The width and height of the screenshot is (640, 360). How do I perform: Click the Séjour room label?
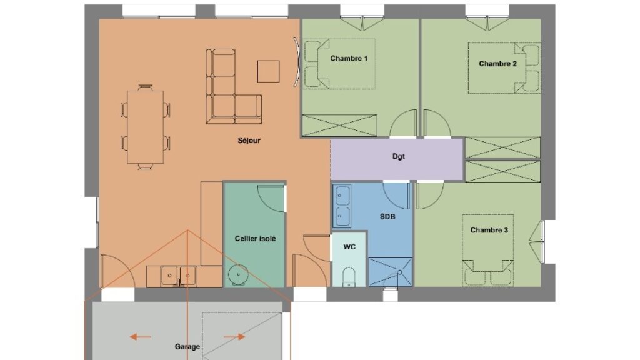pyautogui.click(x=249, y=141)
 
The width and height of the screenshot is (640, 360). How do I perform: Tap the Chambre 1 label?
pyautogui.click(x=349, y=58)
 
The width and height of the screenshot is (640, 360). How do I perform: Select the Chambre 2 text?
pyautogui.click(x=497, y=64)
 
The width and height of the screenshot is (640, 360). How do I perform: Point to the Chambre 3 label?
pyautogui.click(x=489, y=230)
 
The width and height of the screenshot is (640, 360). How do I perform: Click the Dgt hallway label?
pyautogui.click(x=398, y=156)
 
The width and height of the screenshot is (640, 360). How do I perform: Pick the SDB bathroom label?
pyautogui.click(x=387, y=217)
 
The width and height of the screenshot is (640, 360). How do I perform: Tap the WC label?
pyautogui.click(x=349, y=247)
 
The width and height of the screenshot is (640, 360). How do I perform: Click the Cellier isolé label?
pyautogui.click(x=255, y=239)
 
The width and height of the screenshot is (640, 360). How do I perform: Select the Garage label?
pyautogui.click(x=187, y=346)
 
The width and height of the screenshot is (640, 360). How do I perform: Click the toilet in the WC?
pyautogui.click(x=349, y=277)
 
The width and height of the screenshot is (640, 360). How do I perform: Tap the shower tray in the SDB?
pyautogui.click(x=391, y=272)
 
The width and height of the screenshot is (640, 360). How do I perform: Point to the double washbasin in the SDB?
pyautogui.click(x=342, y=206)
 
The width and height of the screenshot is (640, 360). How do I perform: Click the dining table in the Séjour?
pyautogui.click(x=145, y=127)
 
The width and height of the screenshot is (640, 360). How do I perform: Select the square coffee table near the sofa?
pyautogui.click(x=269, y=71)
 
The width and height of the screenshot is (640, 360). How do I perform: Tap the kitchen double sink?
pyautogui.click(x=178, y=276)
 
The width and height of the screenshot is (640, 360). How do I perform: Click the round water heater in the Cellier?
pyautogui.click(x=238, y=275)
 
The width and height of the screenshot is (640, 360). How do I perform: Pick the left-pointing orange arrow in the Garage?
pyautogui.click(x=141, y=337)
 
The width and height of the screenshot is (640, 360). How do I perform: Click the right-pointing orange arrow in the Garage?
pyautogui.click(x=234, y=337)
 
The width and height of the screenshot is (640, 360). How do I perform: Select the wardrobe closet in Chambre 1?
pyautogui.click(x=339, y=125)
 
